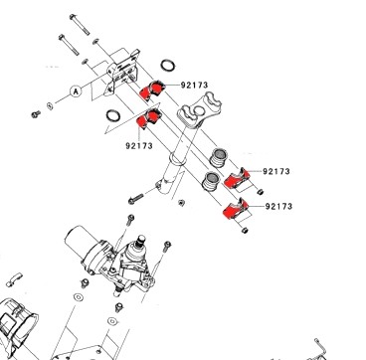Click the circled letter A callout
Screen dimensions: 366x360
(x=76, y=91)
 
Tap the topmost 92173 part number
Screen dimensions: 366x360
(x=194, y=86)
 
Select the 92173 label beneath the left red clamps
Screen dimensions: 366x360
(x=139, y=146)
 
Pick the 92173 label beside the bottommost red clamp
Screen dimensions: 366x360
(x=278, y=207)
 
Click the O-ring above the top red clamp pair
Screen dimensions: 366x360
(x=168, y=66)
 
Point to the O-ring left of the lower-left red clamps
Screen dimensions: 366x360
(x=113, y=116)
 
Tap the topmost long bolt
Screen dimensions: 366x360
(x=80, y=24)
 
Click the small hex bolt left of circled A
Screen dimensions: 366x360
(x=36, y=114)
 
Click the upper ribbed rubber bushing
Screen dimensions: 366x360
(x=218, y=158)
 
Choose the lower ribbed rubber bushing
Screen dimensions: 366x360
(x=211, y=181)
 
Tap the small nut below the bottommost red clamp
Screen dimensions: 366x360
(x=245, y=230)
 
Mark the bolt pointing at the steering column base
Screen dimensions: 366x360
(x=136, y=199)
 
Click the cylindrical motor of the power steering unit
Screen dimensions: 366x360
(x=83, y=246)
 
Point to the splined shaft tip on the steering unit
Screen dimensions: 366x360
(x=141, y=241)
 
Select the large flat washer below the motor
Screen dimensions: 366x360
(x=79, y=297)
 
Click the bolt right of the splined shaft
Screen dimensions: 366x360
(x=167, y=247)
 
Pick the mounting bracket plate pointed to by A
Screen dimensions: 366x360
(x=122, y=72)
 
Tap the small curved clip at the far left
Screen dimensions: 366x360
(x=14, y=279)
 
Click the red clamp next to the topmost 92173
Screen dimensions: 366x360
(x=152, y=90)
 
